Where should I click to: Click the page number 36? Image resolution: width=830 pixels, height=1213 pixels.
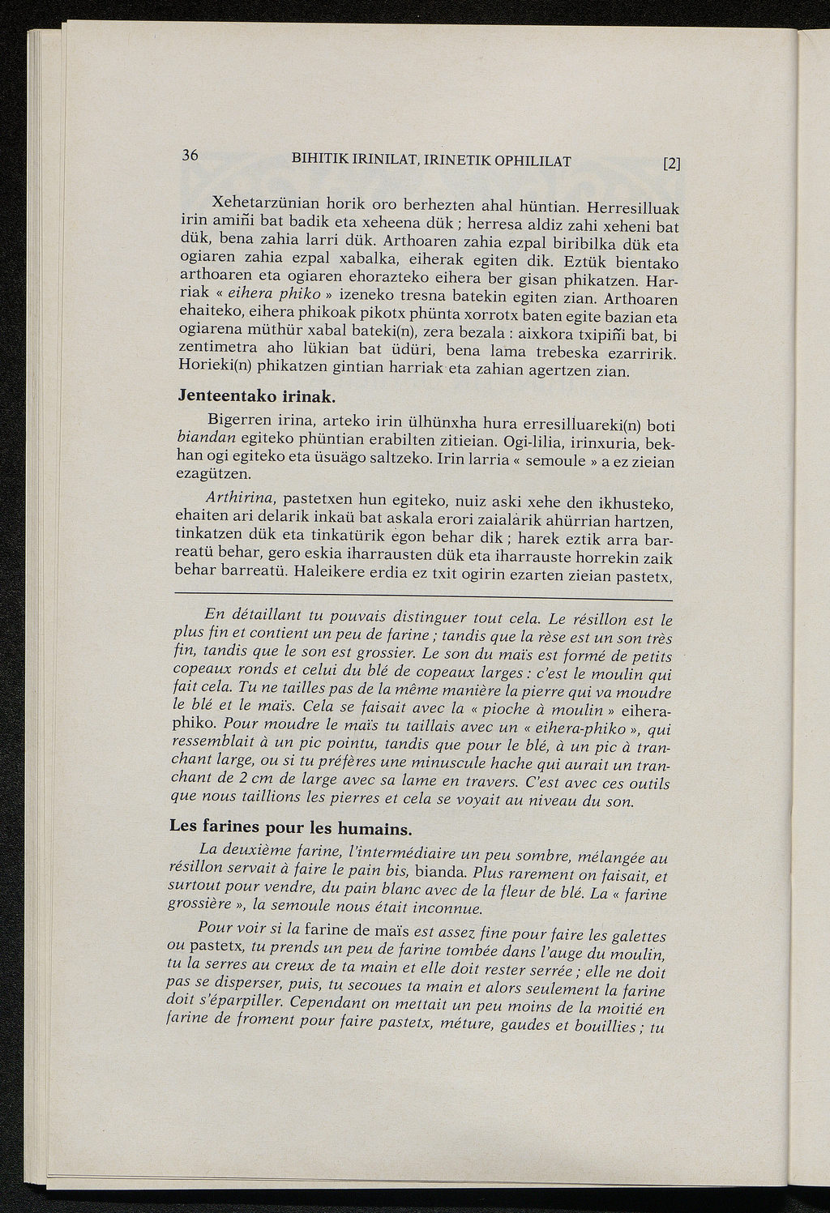coord(191,156)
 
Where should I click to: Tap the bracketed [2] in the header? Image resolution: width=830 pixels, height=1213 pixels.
coord(672,163)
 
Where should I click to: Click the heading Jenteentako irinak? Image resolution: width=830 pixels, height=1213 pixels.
coord(256,398)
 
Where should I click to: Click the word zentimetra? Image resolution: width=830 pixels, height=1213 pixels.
coord(216,348)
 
